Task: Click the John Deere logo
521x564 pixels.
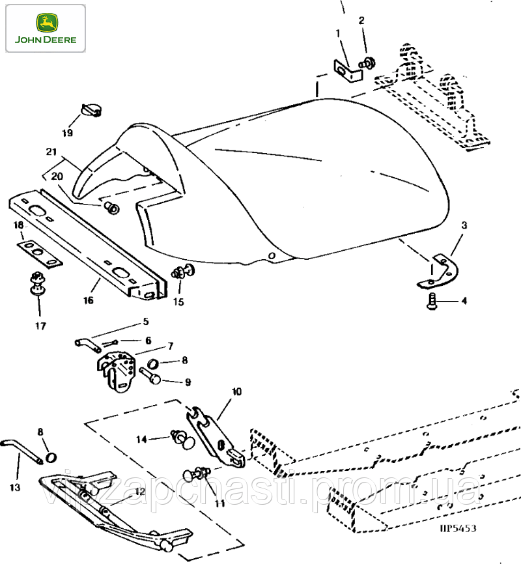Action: click(44, 28)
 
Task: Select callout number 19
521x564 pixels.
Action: click(68, 133)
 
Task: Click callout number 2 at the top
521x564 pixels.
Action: click(362, 20)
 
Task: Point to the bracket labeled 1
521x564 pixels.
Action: click(348, 70)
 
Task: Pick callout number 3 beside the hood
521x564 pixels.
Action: click(464, 226)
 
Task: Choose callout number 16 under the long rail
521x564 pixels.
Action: click(89, 300)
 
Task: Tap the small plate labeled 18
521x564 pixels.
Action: click(38, 251)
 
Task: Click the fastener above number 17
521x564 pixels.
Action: click(37, 284)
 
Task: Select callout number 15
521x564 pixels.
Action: click(178, 302)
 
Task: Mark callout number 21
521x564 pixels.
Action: click(51, 151)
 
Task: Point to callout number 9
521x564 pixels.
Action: click(187, 382)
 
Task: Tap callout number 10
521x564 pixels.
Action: click(236, 391)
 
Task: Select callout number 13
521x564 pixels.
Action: click(15, 486)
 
